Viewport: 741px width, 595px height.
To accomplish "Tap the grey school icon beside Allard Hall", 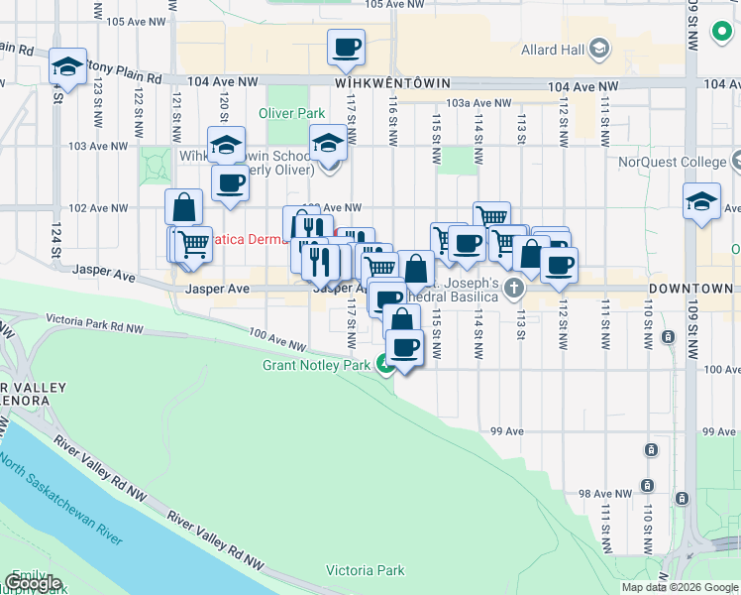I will [599, 48].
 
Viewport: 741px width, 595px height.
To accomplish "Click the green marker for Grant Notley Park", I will [383, 365].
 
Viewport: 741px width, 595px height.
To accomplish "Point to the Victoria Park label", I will [366, 570].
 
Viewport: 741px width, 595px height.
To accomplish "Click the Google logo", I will [33, 583].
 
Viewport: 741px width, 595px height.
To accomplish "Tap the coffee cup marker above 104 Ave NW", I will [347, 47].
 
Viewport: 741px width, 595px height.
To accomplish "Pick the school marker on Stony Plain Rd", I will [67, 66].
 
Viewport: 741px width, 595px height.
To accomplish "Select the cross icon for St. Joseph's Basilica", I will [513, 289].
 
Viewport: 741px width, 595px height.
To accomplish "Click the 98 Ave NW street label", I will [598, 493].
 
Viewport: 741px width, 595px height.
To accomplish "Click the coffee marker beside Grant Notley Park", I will [404, 347].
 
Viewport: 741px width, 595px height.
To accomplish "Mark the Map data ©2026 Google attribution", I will [679, 587].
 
